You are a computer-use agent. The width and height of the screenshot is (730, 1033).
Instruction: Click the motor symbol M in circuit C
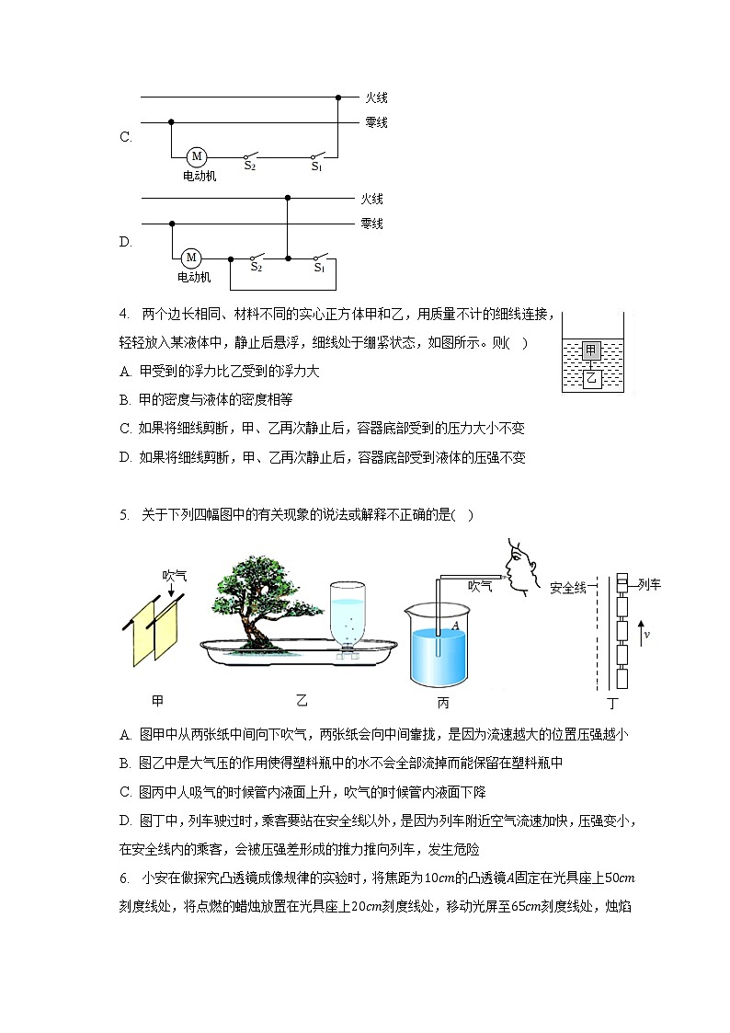coord(197,156)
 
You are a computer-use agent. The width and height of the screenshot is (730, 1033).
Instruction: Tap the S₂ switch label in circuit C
coord(249,166)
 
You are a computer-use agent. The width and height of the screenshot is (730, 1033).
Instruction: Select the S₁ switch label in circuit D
coord(319,268)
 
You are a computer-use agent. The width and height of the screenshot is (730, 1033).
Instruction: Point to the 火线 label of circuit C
coord(376,98)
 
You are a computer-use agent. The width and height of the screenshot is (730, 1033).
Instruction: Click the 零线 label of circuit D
coord(371,224)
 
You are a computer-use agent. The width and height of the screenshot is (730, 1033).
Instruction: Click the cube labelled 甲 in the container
coord(592,350)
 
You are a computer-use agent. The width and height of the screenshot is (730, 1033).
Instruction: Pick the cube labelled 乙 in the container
coord(592,378)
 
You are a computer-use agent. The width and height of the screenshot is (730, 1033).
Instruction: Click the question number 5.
coord(123,514)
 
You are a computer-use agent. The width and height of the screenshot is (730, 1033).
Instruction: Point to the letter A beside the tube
coord(454,626)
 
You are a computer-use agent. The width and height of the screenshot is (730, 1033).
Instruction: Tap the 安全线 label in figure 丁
coord(567,587)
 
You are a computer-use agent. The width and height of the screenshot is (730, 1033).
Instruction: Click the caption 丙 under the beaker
coord(443,703)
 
